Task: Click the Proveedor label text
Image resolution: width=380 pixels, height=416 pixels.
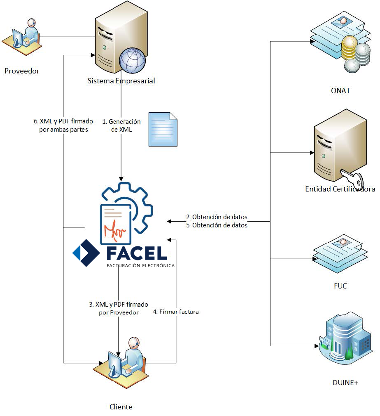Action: (x=22, y=71)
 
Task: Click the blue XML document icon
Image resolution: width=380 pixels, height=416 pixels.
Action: (x=163, y=129)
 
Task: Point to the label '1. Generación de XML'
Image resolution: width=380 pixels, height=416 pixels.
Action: (x=121, y=125)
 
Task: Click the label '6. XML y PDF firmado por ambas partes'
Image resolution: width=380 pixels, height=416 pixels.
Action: (x=63, y=125)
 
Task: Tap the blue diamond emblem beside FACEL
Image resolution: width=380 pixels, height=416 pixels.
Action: (x=86, y=253)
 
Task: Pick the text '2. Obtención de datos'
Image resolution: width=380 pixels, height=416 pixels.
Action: (x=217, y=217)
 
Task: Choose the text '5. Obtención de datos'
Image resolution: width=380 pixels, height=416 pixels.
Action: (x=217, y=225)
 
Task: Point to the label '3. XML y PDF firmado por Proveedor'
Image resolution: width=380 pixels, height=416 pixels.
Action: (x=119, y=308)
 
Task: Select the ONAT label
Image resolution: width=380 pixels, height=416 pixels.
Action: (x=340, y=90)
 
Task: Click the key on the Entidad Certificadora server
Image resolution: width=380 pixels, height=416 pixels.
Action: (x=354, y=179)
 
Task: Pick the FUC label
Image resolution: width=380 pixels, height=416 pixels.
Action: (x=340, y=286)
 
